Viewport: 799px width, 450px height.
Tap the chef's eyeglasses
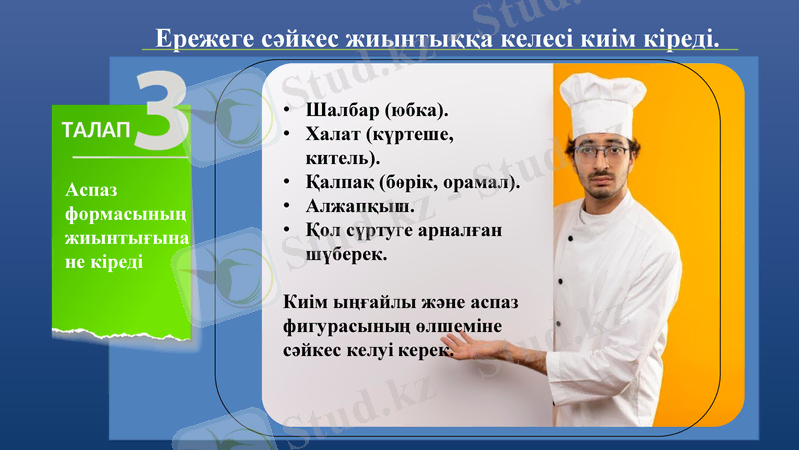[x=602, y=153]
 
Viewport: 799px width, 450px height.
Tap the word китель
[x=340, y=157]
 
